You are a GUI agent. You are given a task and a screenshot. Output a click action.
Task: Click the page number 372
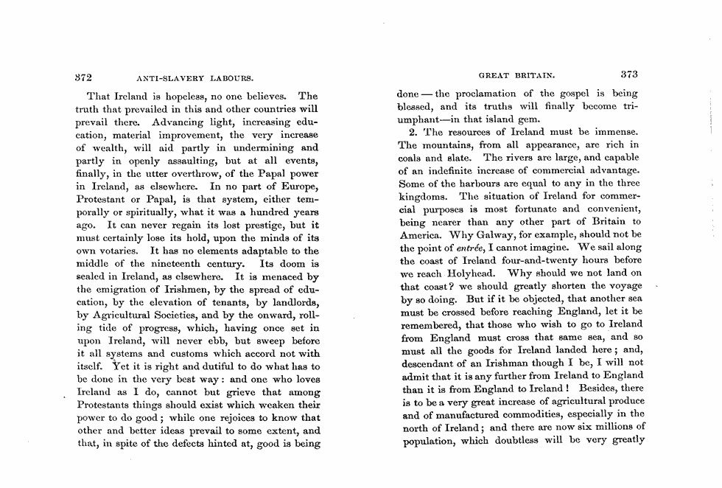[88, 75]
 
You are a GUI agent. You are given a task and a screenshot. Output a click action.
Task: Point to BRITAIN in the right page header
[531, 75]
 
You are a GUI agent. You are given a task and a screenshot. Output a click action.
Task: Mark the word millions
[608, 426]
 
